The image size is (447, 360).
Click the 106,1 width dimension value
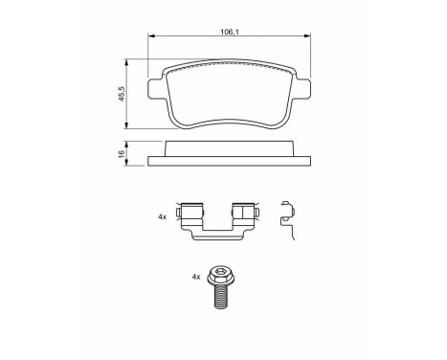click(230, 32)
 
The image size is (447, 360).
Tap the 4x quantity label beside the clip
click(163, 218)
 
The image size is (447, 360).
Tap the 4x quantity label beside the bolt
click(196, 277)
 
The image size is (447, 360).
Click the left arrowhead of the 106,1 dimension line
click(151, 37)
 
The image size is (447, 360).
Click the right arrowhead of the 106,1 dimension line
click(309, 37)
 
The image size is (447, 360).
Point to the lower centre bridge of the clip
click(219, 235)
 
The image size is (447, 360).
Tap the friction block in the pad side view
click(230, 148)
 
